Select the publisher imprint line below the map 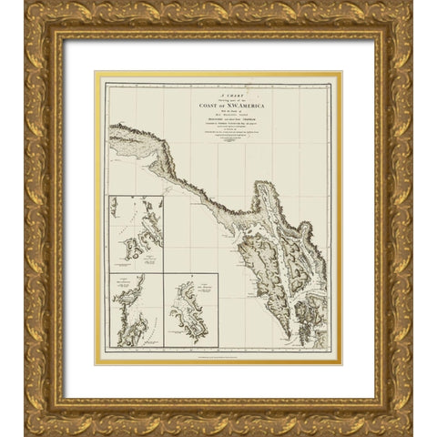[x=218, y=355]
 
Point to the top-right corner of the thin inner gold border [x=340, y=74]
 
